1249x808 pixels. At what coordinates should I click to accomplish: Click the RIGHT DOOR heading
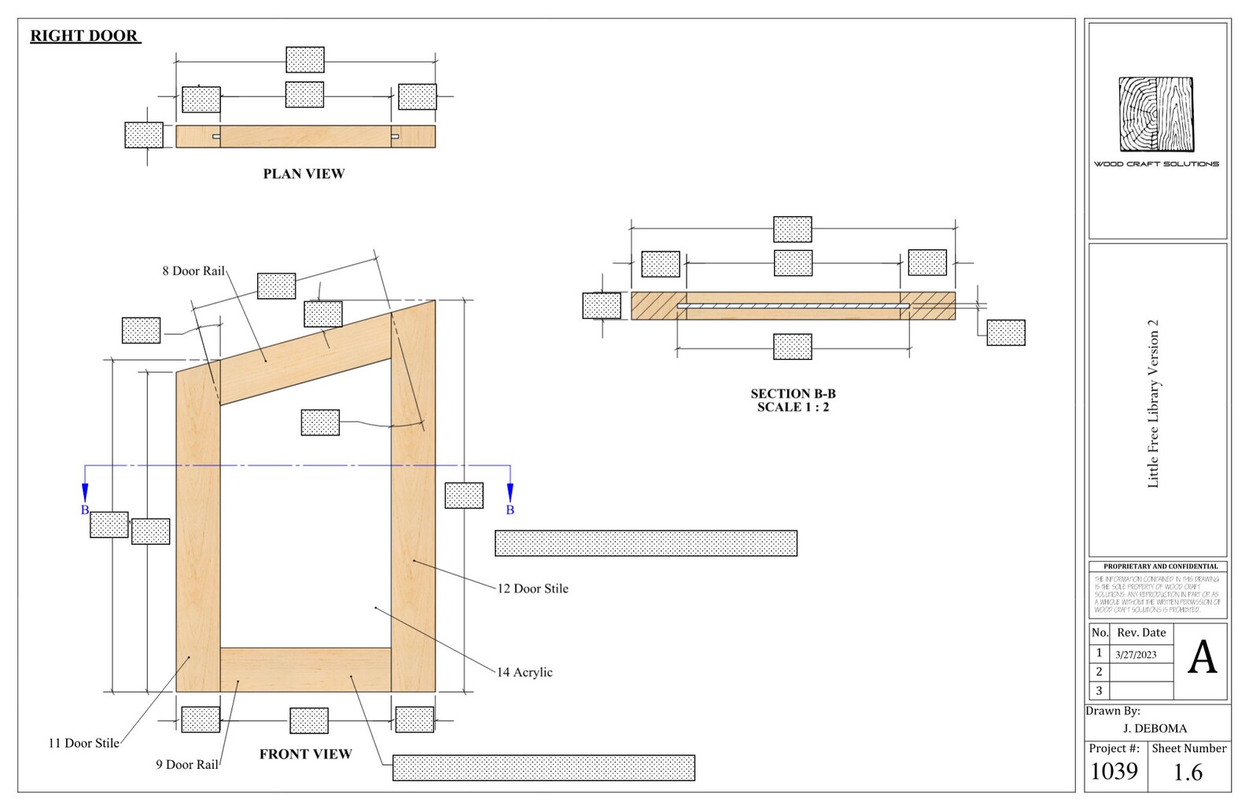[84, 35]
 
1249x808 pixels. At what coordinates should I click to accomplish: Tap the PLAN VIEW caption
[304, 174]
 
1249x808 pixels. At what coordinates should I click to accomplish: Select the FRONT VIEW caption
[305, 754]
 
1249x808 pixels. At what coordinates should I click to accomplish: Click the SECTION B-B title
[793, 393]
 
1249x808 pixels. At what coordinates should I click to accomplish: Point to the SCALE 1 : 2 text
[793, 407]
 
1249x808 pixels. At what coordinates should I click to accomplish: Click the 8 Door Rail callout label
[193, 271]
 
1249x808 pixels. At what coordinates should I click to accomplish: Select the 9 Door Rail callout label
[187, 764]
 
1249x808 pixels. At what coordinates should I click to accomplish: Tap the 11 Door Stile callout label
[84, 743]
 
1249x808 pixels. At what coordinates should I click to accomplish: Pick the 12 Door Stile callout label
[532, 588]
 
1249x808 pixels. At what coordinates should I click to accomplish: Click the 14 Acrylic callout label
[525, 672]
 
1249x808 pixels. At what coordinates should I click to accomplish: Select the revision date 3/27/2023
[1136, 654]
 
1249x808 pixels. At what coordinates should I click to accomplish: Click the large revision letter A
[1202, 658]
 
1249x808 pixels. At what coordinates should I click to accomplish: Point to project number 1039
[1114, 771]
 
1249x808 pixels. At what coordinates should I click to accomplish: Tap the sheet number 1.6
[1188, 773]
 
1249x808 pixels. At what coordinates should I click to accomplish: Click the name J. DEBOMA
[1155, 729]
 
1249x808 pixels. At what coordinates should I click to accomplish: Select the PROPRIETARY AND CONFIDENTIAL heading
[1160, 566]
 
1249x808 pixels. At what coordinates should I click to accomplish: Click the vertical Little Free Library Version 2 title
[1153, 403]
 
